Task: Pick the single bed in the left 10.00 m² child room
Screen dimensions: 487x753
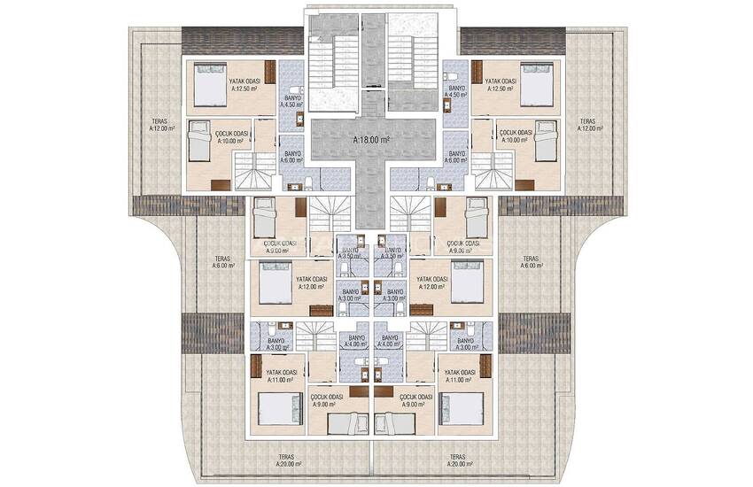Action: pyautogui.click(x=199, y=140)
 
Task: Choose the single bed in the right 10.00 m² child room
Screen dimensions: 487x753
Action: pyautogui.click(x=546, y=140)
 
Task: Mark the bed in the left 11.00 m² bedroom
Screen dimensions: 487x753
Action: pyautogui.click(x=278, y=409)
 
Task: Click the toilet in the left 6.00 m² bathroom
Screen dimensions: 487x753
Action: pyautogui.click(x=307, y=183)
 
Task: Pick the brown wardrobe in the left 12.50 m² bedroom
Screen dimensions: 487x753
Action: pyautogui.click(x=270, y=72)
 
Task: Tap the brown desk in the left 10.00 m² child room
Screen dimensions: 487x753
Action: pyautogui.click(x=221, y=184)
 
